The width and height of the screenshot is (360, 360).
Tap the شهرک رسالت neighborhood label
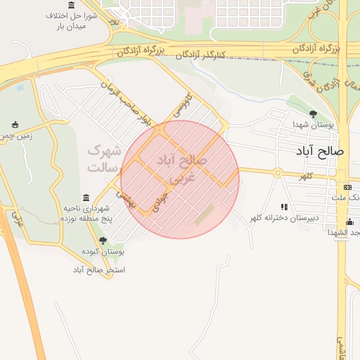point(105,159)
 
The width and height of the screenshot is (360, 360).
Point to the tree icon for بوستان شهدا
point(313,113)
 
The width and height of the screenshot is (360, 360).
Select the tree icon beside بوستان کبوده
point(103,240)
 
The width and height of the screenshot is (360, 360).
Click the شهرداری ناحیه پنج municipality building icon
point(86,198)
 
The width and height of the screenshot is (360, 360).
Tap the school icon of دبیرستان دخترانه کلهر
point(284,207)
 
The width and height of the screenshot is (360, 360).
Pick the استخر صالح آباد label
point(98,269)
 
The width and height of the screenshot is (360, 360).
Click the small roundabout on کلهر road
point(278,172)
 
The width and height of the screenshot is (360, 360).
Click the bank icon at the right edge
point(347,187)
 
